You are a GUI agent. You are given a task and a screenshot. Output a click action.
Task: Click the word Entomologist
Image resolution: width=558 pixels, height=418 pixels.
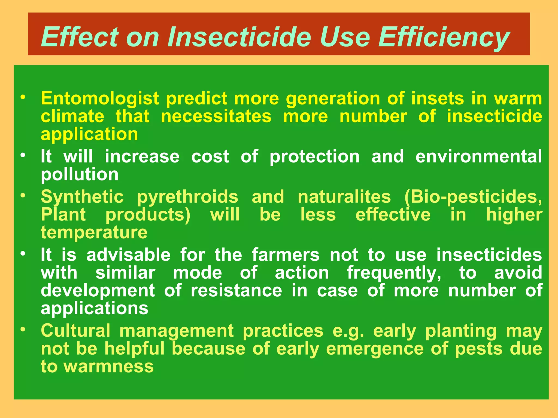(100, 99)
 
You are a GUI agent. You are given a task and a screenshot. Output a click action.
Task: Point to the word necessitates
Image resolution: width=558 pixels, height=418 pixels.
(216, 116)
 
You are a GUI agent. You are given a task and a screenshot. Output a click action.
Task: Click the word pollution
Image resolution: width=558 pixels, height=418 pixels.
(80, 174)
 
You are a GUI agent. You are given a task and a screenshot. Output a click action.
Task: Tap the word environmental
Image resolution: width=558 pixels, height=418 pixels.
(479, 157)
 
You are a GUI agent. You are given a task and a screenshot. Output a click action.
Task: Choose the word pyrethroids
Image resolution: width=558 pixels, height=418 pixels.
(187, 197)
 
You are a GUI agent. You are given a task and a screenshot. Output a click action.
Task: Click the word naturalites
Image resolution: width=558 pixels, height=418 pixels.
(344, 197)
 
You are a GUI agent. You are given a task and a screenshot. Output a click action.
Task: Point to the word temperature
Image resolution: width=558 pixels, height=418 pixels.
(94, 233)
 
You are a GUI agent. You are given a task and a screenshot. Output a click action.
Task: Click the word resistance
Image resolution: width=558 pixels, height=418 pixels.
(236, 291)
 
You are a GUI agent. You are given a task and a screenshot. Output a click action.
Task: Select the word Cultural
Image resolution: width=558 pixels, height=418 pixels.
(75, 331)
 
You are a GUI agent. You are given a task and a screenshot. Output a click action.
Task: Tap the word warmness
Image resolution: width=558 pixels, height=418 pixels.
(109, 367)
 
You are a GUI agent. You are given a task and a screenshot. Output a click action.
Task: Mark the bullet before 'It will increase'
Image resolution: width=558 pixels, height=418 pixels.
(23, 155)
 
